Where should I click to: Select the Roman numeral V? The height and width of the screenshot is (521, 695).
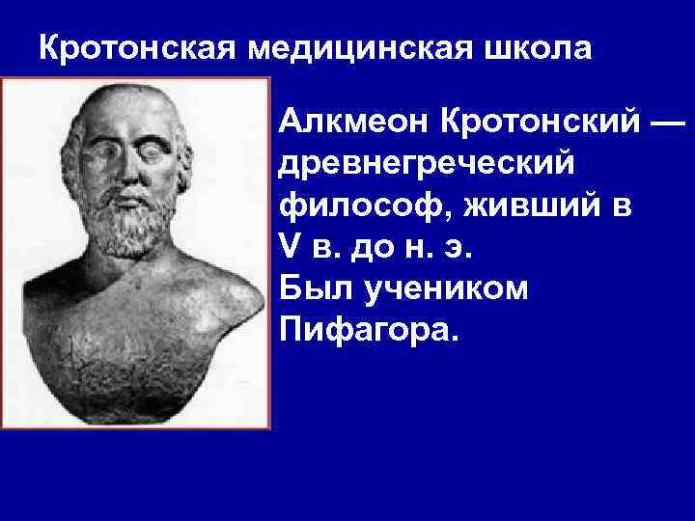coord(288,248)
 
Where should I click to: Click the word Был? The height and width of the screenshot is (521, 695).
coord(307,289)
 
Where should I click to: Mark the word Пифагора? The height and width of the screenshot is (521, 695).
coord(371,331)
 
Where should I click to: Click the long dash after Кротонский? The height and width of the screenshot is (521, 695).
coord(666,123)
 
